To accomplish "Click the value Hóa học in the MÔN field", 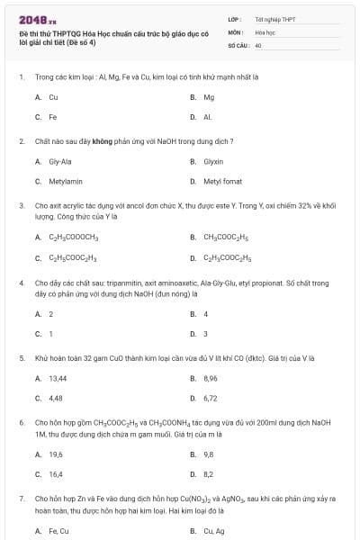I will (264, 31).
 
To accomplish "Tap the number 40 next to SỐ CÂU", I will (258, 44).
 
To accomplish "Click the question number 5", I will (21, 357).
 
